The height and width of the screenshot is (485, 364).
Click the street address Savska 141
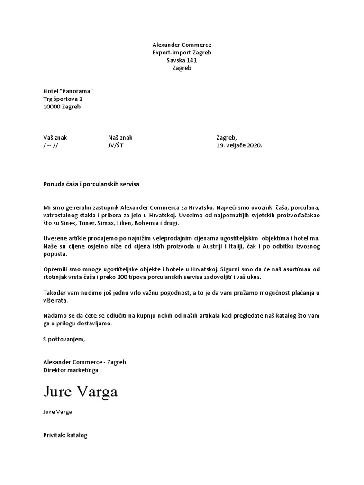182,60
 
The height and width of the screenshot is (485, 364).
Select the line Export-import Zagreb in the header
182,53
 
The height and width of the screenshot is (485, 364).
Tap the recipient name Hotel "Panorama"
68,91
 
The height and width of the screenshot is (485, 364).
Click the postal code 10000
52,107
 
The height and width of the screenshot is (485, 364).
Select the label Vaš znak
55,138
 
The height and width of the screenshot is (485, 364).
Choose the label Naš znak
120,138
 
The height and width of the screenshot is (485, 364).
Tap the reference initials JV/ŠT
116,145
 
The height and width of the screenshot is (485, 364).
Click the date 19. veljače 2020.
239,145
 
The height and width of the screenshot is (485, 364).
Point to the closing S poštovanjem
64,339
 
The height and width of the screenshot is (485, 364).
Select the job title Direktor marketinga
71,370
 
